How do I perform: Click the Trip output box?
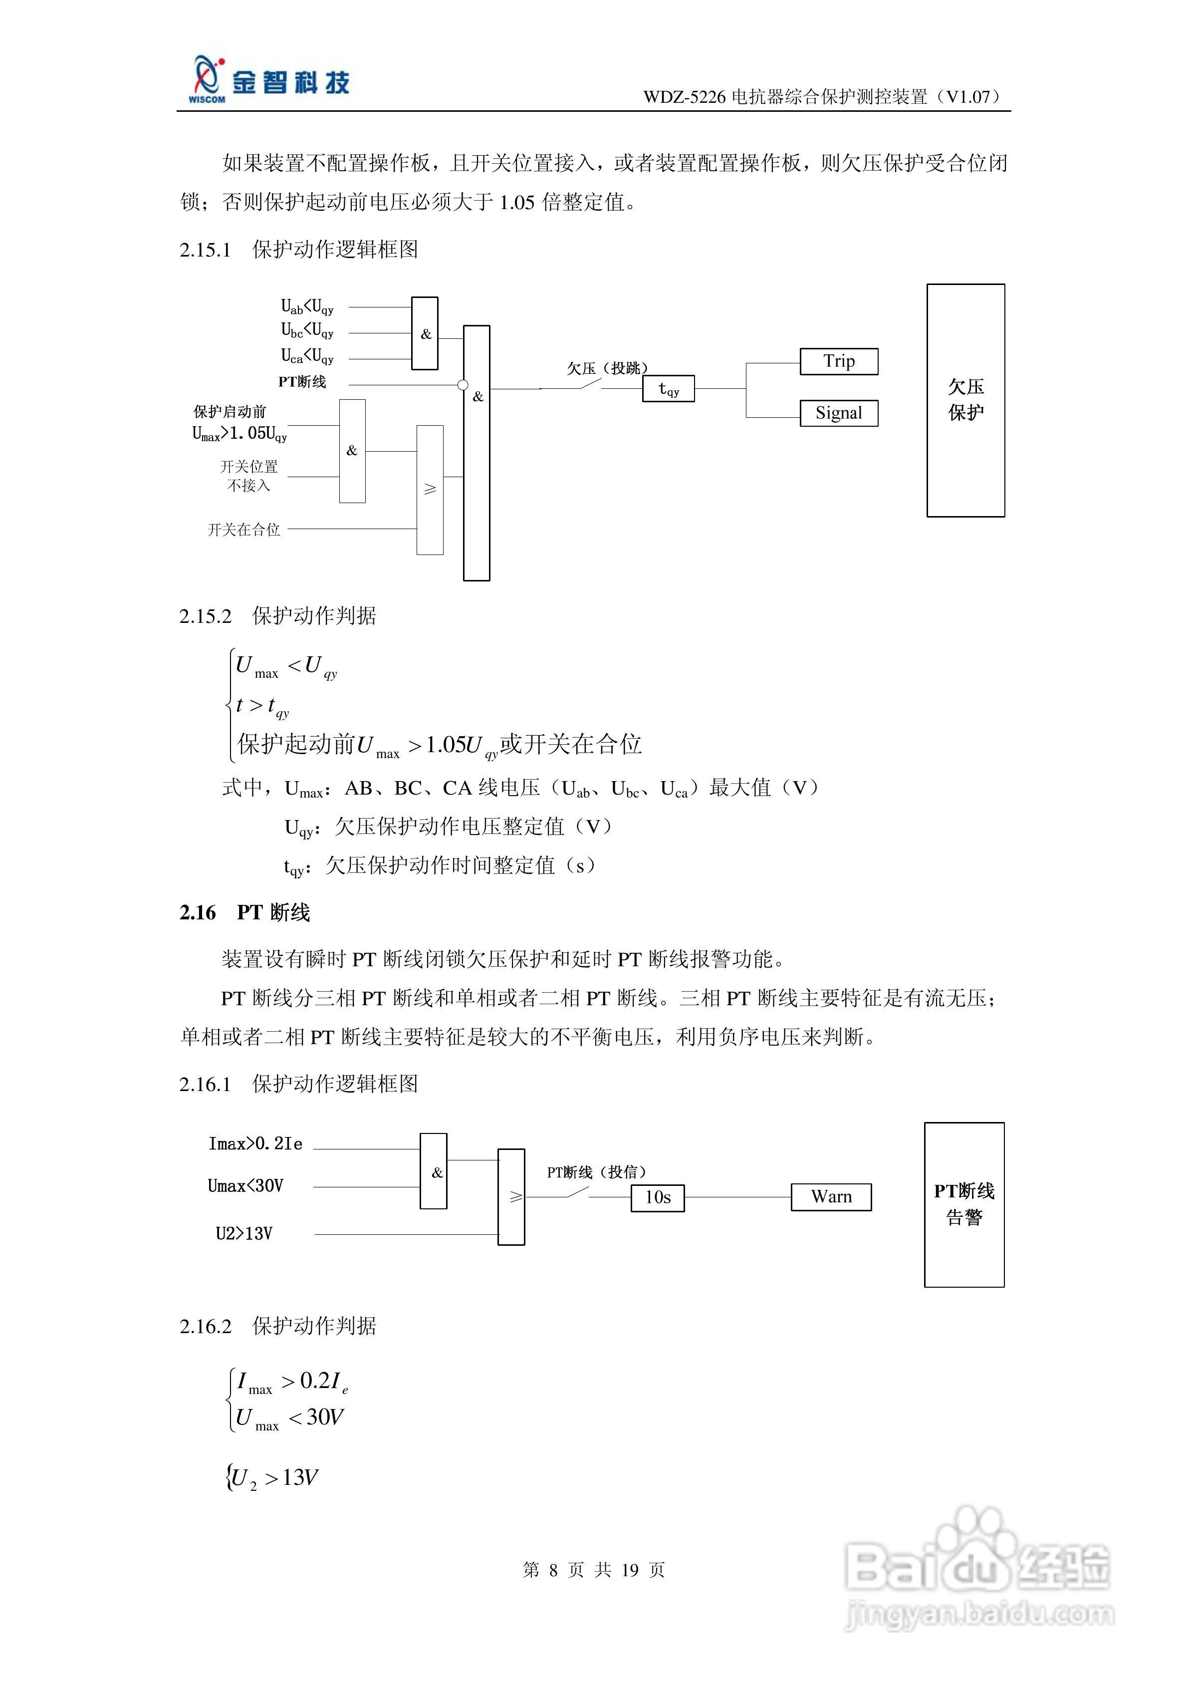(838, 362)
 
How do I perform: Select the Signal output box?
(838, 413)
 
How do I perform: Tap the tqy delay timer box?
(668, 389)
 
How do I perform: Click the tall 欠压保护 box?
(965, 400)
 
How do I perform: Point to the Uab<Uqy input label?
(307, 307)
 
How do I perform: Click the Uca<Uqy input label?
(307, 356)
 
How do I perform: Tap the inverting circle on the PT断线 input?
(463, 385)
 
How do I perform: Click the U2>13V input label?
(244, 1234)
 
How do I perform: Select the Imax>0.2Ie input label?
(255, 1143)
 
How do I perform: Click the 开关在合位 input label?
(244, 530)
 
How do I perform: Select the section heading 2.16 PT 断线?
(244, 912)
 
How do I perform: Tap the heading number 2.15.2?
(205, 616)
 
